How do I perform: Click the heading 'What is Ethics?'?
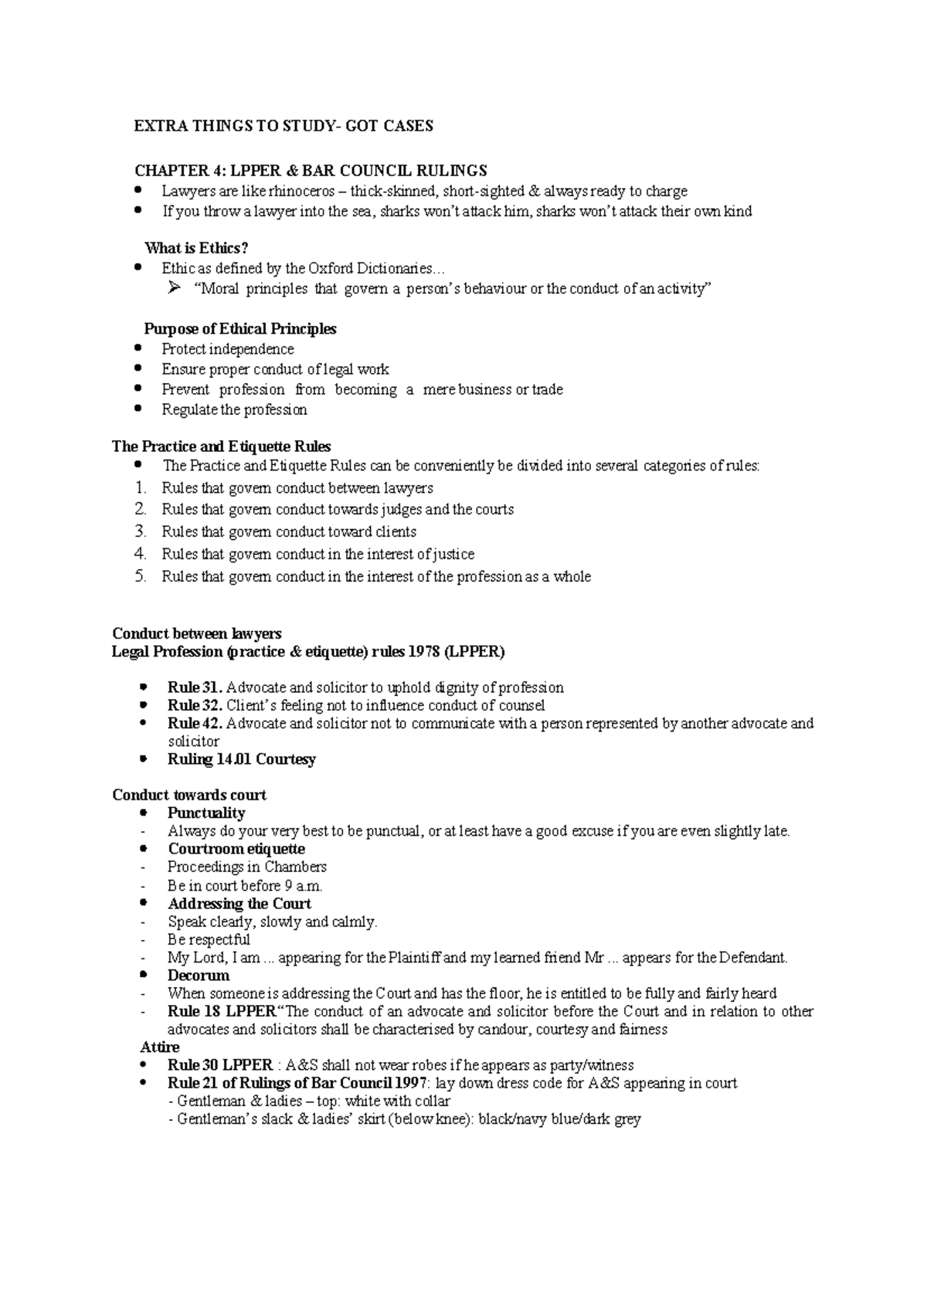point(196,248)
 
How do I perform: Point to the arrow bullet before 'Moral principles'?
point(173,289)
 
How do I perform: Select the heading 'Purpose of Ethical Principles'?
point(240,329)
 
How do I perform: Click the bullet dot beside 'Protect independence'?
point(138,348)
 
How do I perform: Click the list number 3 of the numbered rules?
point(140,531)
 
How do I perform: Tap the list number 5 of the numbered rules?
point(140,576)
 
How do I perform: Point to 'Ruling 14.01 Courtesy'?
point(242,759)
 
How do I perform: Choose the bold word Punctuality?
point(206,813)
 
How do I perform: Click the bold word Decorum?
point(199,976)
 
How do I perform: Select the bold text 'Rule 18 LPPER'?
point(221,1011)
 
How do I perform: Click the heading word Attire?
point(160,1047)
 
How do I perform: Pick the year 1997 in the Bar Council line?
point(410,1083)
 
